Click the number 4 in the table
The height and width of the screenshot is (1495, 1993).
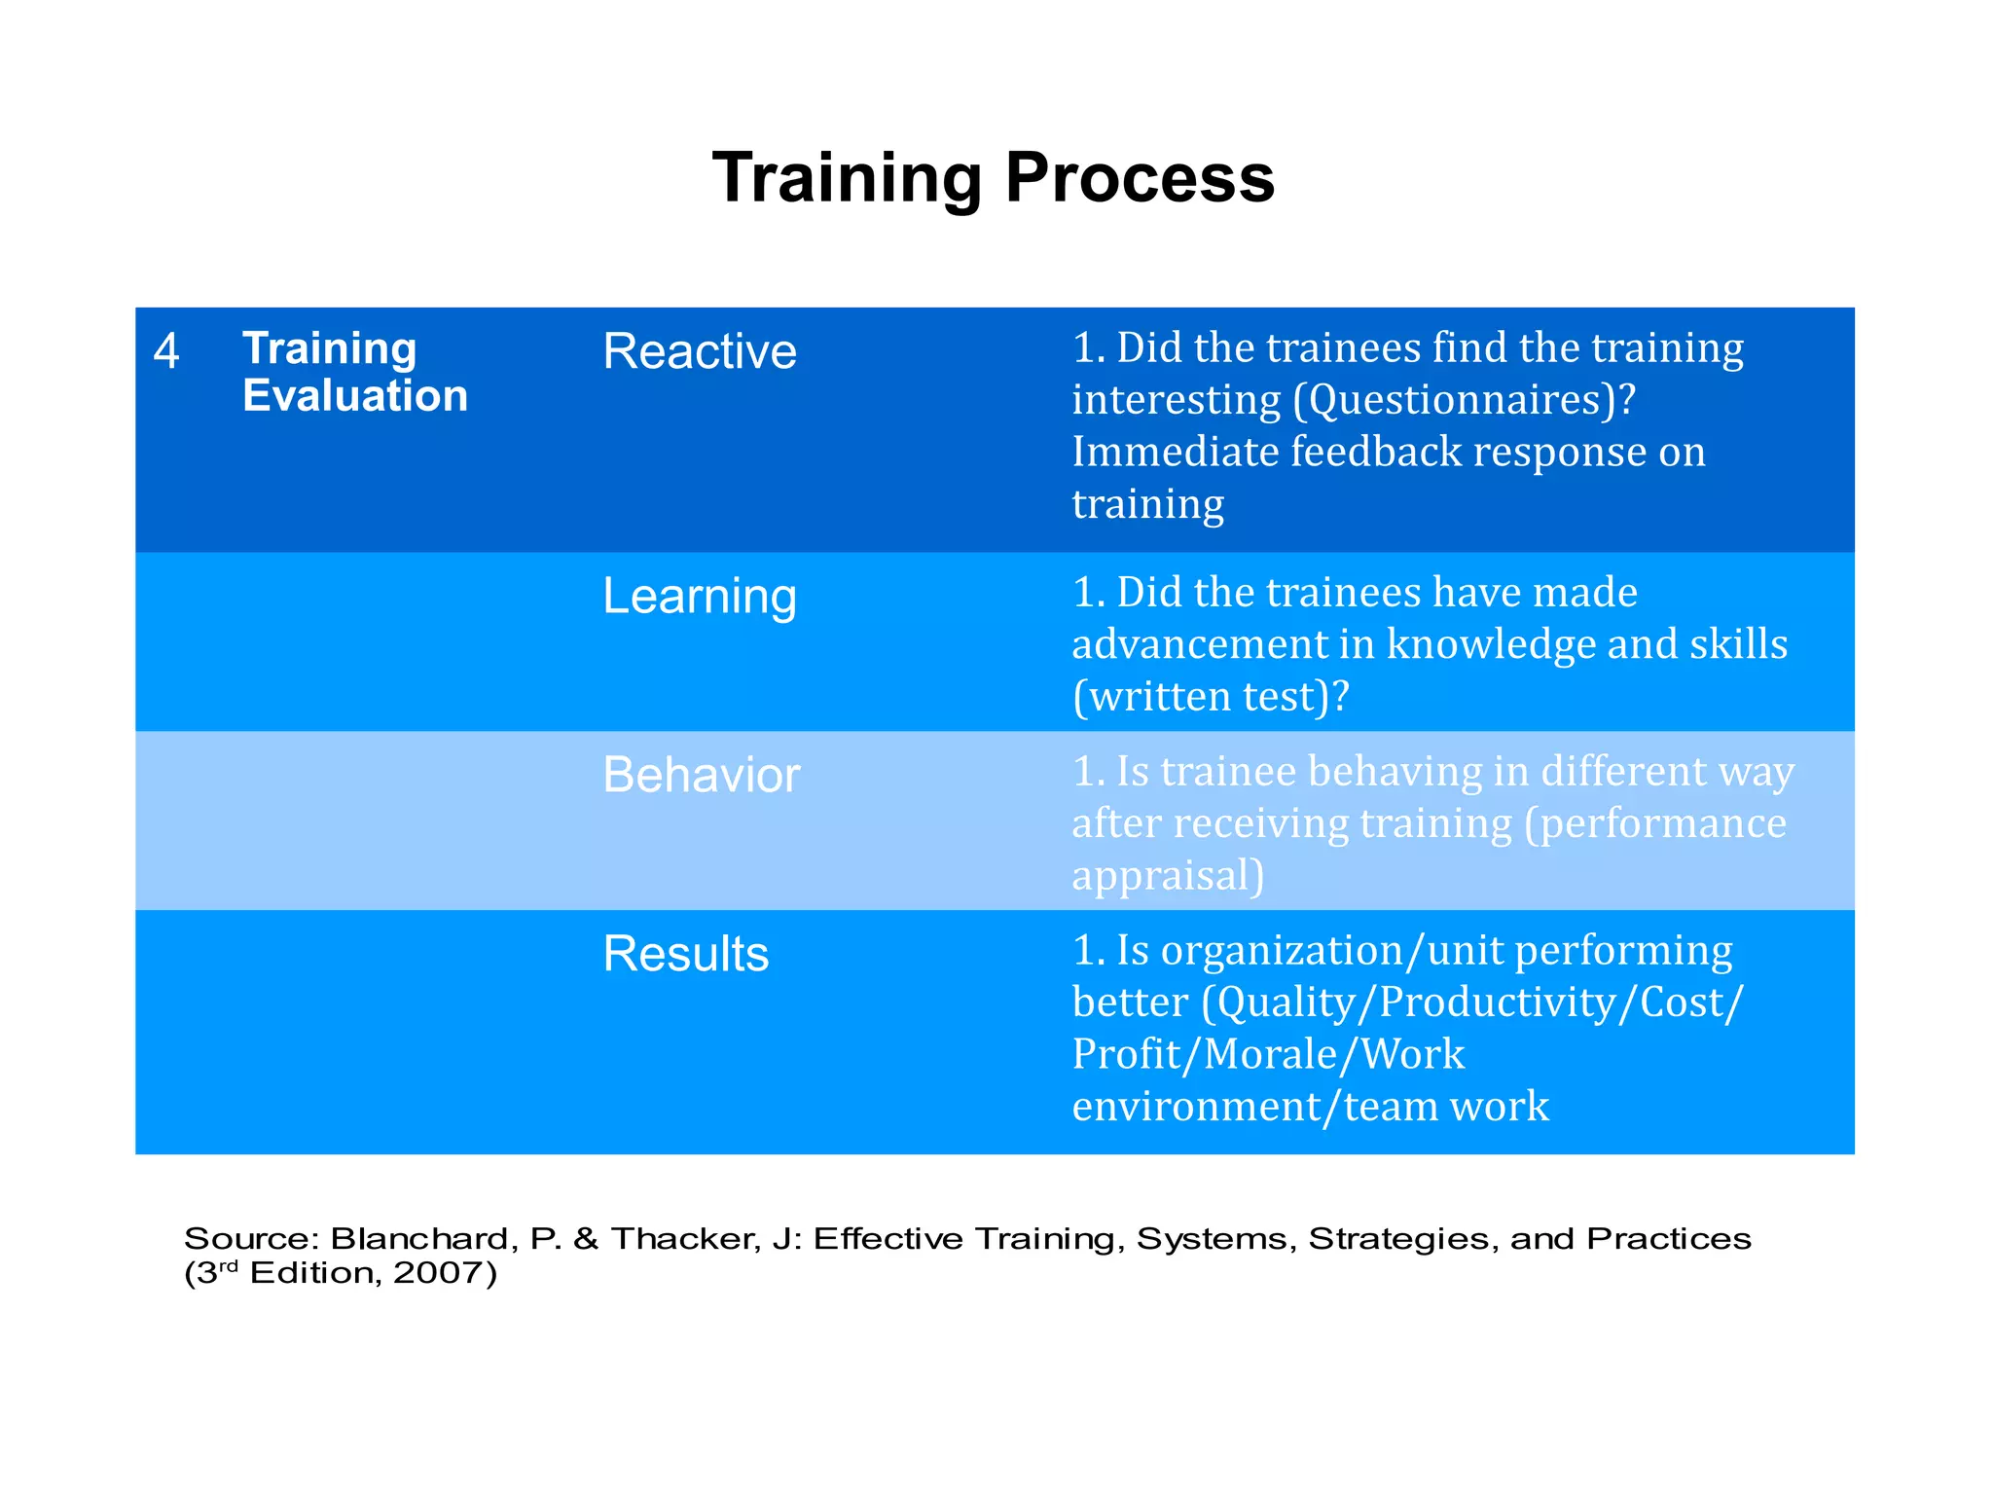pos(166,351)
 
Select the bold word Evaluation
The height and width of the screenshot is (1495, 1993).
pos(355,396)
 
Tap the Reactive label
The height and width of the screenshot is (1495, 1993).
pos(699,351)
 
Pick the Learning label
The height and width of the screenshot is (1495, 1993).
pos(699,597)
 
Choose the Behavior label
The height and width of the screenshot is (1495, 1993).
pos(701,776)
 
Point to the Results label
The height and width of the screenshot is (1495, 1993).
pos(685,954)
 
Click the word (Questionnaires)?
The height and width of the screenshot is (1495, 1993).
pos(1465,400)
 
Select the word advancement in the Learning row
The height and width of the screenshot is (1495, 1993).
pos(1222,644)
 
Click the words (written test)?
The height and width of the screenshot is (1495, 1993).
pos(1211,697)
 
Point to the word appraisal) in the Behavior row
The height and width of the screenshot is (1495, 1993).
pos(1168,876)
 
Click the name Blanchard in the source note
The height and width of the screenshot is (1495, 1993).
pos(419,1239)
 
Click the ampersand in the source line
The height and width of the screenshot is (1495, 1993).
pos(586,1239)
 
